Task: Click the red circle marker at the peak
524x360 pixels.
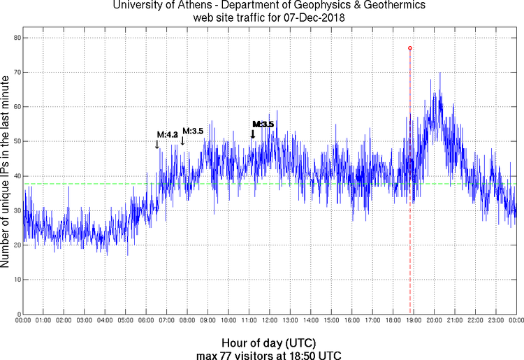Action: coord(410,48)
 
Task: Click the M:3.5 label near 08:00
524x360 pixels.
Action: coord(193,131)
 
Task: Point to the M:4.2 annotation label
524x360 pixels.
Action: coord(167,135)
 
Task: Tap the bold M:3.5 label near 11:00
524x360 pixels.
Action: coord(263,124)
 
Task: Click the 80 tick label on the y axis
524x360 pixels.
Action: coord(15,38)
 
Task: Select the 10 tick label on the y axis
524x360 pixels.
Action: coord(15,280)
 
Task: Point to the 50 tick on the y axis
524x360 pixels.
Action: coord(15,141)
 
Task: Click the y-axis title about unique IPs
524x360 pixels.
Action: coord(6,173)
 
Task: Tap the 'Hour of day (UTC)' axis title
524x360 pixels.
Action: coord(268,343)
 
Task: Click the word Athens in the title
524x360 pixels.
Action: coord(211,7)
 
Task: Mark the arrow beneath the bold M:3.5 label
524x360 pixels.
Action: coord(252,134)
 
